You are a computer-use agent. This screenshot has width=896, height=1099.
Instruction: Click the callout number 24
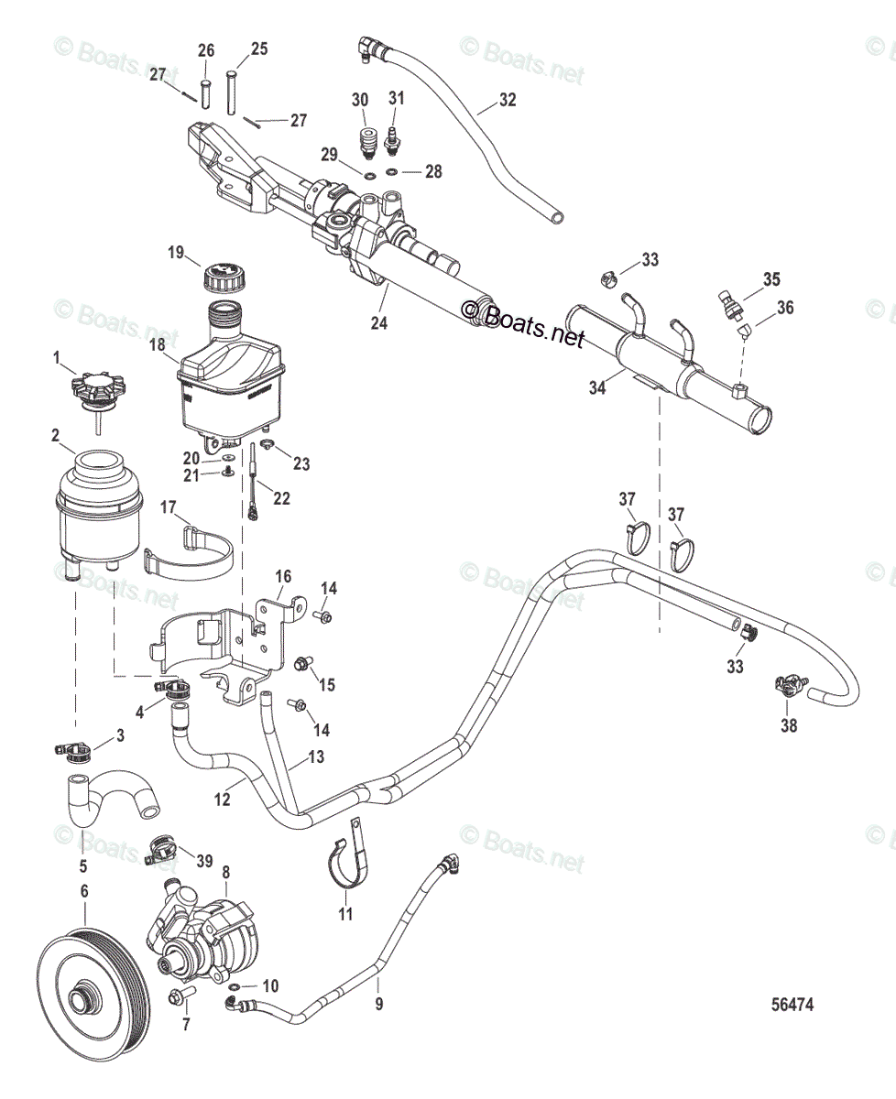(x=379, y=322)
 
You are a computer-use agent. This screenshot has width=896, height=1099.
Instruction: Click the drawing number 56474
(x=792, y=1004)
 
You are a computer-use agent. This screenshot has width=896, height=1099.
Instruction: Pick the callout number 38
(x=788, y=726)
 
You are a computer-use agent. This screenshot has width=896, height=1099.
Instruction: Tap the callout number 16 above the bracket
(x=283, y=576)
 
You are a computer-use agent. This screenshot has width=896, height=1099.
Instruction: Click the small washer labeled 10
(x=235, y=987)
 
